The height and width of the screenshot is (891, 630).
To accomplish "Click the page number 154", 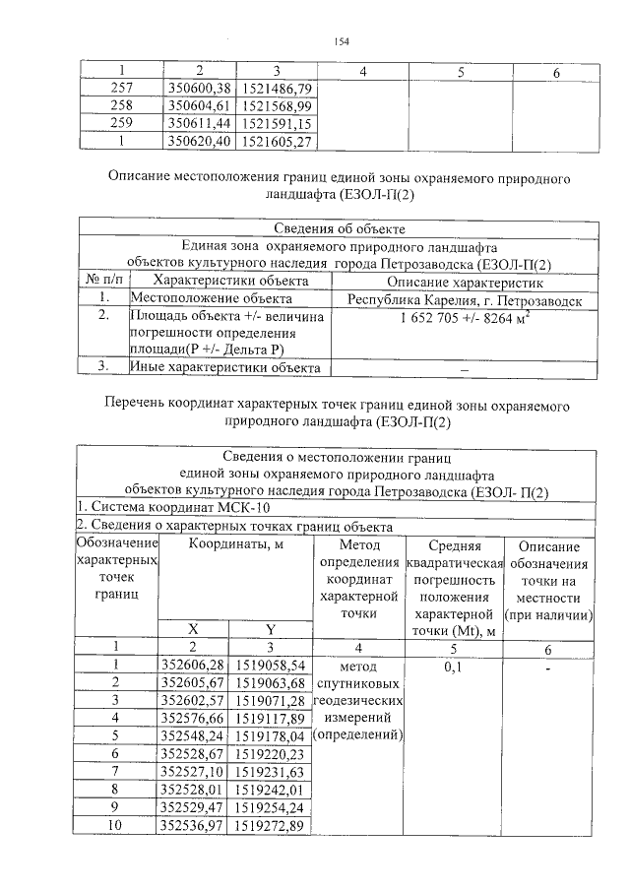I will (x=342, y=40).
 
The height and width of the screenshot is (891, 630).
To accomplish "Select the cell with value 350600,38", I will (x=199, y=89).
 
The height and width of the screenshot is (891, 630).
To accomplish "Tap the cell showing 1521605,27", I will (x=276, y=141).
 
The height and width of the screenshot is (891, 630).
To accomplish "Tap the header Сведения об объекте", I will (x=339, y=229).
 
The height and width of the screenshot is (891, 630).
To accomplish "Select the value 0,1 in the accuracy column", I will (x=454, y=666).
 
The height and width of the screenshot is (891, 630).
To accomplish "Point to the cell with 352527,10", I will (x=193, y=770).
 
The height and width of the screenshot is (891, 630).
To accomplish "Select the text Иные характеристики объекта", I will (x=225, y=367).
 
